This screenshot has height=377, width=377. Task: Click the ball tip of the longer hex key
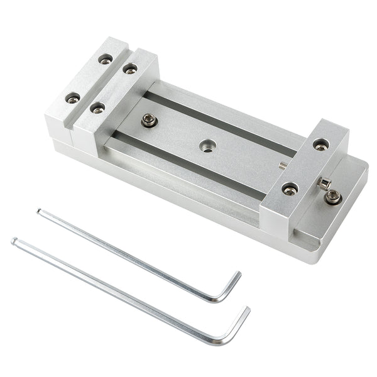(14, 241)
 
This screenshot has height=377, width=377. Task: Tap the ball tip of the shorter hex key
(39, 212)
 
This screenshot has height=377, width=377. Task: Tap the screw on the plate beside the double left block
(149, 120)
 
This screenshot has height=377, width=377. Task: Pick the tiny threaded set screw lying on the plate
(283, 166)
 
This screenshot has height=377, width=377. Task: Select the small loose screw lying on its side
(324, 183)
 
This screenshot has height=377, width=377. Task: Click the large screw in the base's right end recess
(333, 197)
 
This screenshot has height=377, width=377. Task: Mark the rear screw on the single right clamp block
(320, 145)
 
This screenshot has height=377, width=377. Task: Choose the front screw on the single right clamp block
(290, 188)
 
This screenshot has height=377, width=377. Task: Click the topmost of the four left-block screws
(105, 59)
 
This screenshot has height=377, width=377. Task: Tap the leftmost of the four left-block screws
(73, 98)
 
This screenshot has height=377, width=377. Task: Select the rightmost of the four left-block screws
(130, 68)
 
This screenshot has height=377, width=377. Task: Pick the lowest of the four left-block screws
(97, 108)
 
